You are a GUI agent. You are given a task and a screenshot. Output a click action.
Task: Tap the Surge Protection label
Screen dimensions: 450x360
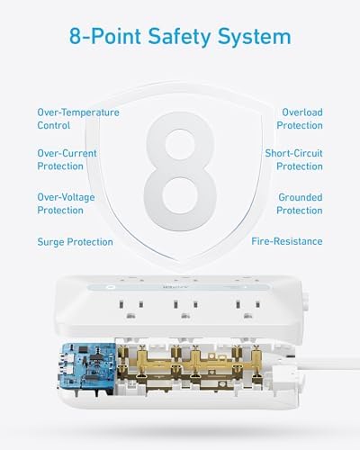click(x=75, y=241)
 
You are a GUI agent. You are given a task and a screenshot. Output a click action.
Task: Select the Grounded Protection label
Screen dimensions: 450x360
click(x=299, y=202)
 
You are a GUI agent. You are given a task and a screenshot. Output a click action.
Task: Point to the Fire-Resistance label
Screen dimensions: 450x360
click(x=288, y=241)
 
